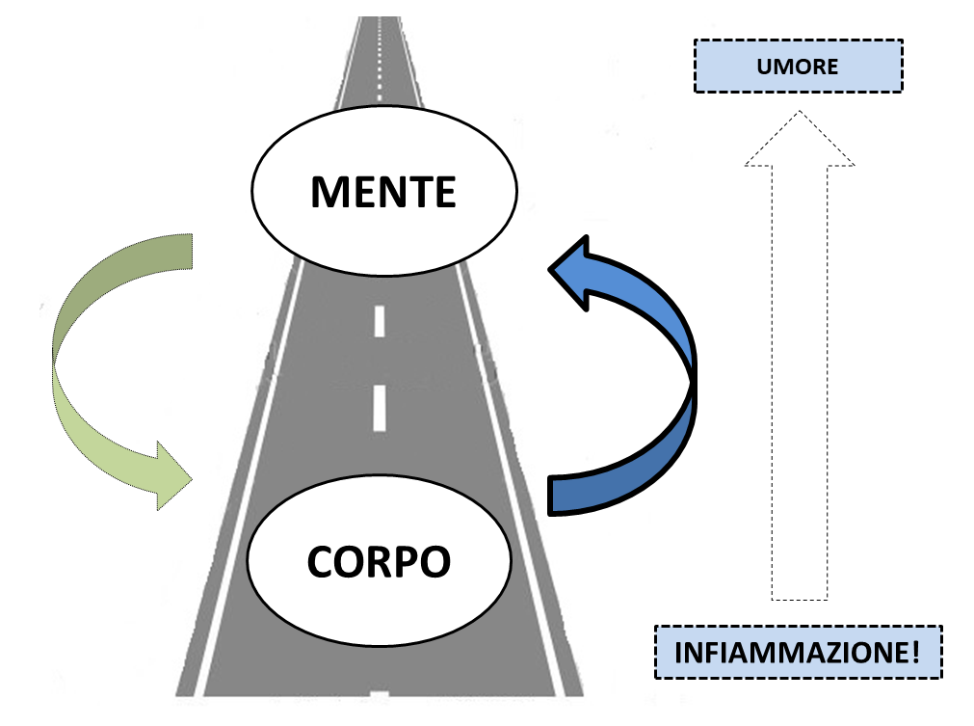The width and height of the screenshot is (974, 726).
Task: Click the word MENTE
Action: pyautogui.click(x=383, y=192)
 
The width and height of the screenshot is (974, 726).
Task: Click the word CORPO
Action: pyautogui.click(x=379, y=561)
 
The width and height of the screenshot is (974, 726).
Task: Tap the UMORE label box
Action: pyautogui.click(x=799, y=66)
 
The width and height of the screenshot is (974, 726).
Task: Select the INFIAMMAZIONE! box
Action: pyautogui.click(x=799, y=652)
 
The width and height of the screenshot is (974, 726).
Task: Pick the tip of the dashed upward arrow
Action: pyautogui.click(x=800, y=111)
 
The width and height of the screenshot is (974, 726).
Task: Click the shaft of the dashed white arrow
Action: pyautogui.click(x=800, y=383)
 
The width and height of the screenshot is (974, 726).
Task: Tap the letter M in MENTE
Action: pyautogui.click(x=328, y=192)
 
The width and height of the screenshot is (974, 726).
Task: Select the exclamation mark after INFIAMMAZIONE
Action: pyautogui.click(x=915, y=652)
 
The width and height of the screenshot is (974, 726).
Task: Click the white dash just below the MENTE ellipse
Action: pyautogui.click(x=380, y=321)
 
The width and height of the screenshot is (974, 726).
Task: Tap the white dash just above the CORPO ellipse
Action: pyautogui.click(x=380, y=408)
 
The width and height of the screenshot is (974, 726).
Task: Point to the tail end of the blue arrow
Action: pyautogui.click(x=550, y=496)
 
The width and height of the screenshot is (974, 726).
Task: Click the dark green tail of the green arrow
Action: pyautogui.click(x=124, y=280)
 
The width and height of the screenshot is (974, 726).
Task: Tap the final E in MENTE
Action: pyautogui.click(x=445, y=192)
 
